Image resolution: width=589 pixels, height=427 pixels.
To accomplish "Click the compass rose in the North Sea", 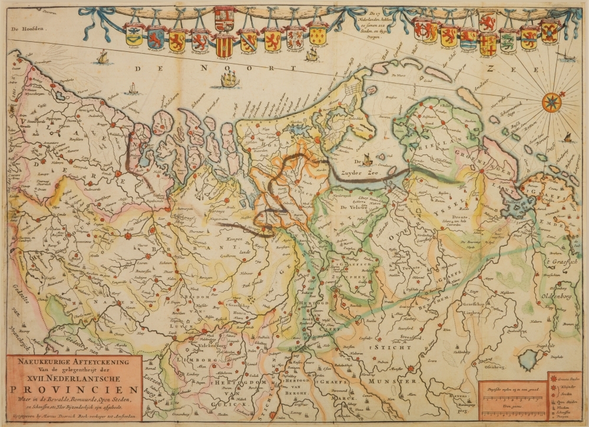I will [552, 102].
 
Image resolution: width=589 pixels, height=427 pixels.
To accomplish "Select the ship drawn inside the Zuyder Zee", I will [367, 159].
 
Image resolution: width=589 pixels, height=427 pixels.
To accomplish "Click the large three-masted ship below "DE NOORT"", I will [230, 79].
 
